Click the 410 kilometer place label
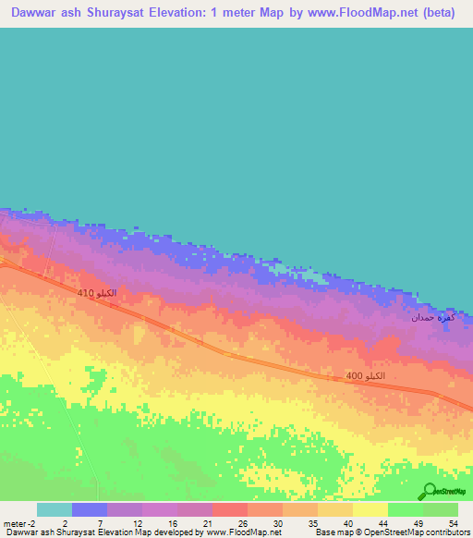pyautogui.click(x=96, y=293)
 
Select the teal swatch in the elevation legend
pyautogui.click(x=55, y=509)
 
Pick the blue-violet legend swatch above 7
pyautogui.click(x=90, y=509)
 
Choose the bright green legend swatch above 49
pyautogui.click(x=406, y=509)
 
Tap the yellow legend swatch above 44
pyautogui.click(x=370, y=509)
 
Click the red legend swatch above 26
pyautogui.click(x=230, y=509)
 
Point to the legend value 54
pyautogui.click(x=452, y=523)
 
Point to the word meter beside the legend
pyautogui.click(x=15, y=523)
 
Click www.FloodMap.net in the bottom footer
pyautogui.click(x=242, y=532)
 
